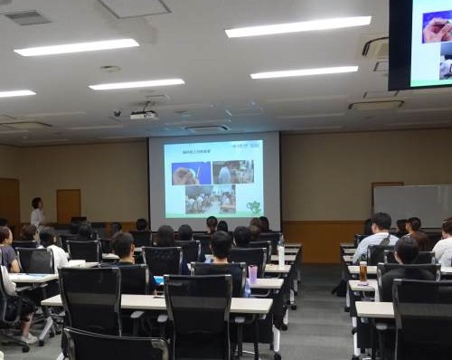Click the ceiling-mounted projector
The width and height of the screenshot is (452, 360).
pos(143,115)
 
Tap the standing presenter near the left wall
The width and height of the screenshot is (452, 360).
pos(37,213)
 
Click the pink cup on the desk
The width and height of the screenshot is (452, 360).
pos(253,273)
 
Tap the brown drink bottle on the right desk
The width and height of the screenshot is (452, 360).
pos(363,272)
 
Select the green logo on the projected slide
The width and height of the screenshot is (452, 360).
pos(254,207)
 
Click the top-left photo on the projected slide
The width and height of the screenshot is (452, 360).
pos(185,174)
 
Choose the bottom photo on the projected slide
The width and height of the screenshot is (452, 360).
pos(210,200)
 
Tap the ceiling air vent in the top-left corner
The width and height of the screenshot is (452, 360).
pos(28,17)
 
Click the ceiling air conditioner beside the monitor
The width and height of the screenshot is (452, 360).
pos(375,46)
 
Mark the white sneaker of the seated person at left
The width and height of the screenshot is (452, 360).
pos(28,338)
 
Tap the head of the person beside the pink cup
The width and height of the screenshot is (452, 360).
pos(221,243)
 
